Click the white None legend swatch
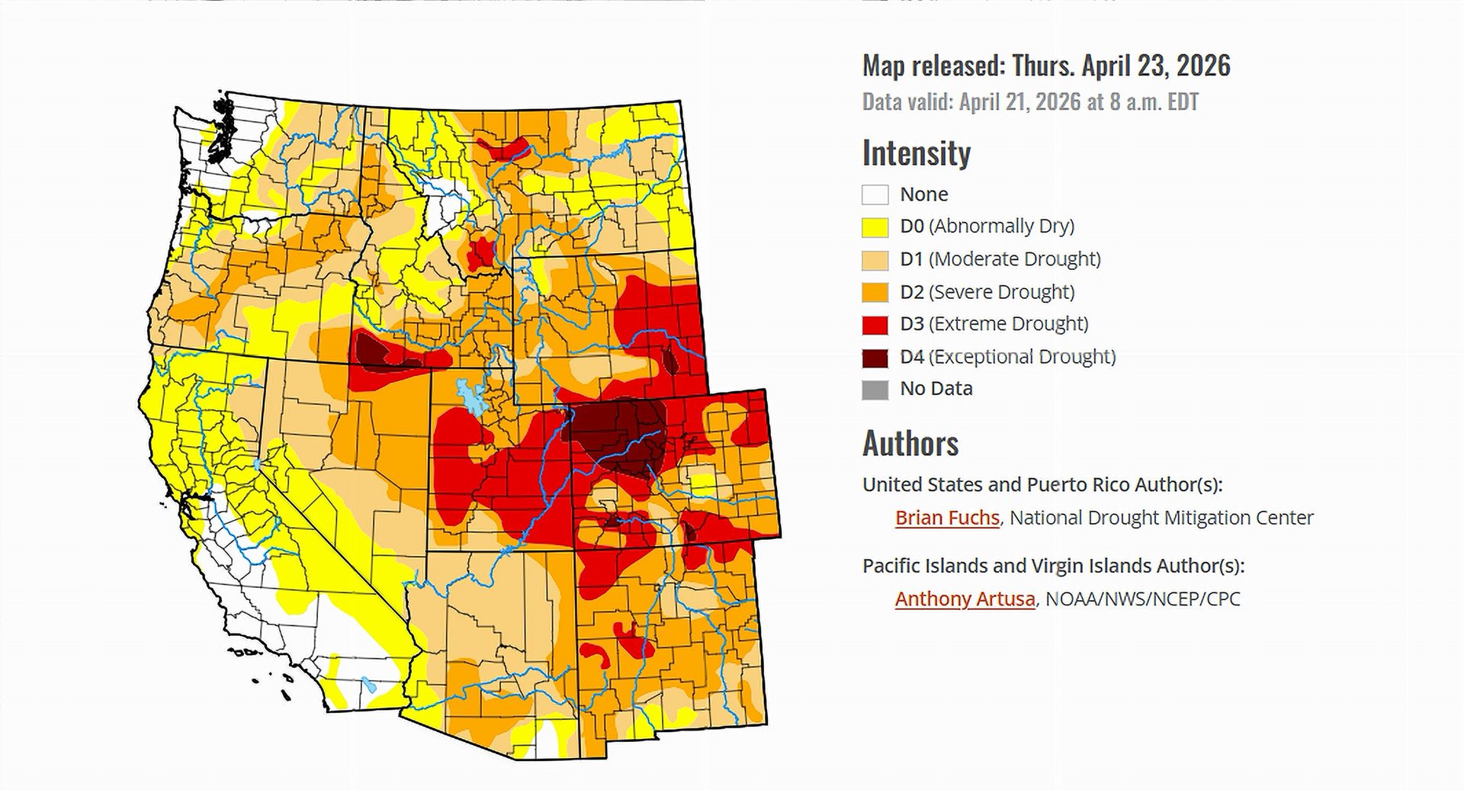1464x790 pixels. click(875, 194)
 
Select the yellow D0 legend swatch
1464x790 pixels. click(875, 227)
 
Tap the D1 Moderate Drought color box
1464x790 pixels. click(875, 260)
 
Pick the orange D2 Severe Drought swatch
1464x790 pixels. click(875, 292)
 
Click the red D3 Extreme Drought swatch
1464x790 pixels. click(875, 325)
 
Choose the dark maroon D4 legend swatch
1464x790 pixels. click(875, 358)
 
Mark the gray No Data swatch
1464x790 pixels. click(875, 390)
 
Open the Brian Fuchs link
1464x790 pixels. click(946, 518)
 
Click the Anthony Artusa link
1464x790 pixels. click(965, 599)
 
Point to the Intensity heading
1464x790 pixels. click(916, 153)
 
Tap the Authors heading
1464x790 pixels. click(910, 443)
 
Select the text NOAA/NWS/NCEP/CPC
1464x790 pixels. click(1142, 599)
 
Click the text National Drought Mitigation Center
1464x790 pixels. click(1161, 518)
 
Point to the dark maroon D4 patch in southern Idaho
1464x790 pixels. click(374, 352)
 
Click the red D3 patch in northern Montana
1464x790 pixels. click(504, 146)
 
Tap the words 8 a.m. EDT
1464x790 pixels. click(1154, 102)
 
